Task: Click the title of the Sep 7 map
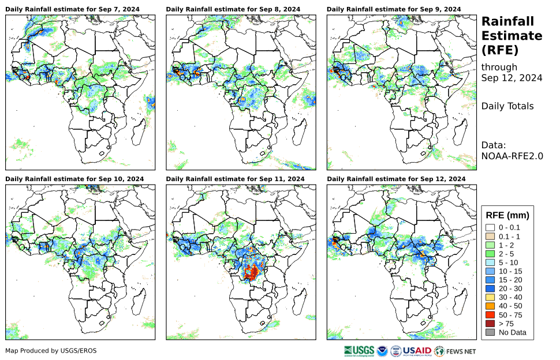click(74, 10)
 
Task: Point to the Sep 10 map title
click(74, 179)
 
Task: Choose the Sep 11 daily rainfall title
click(235, 179)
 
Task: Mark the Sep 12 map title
click(395, 179)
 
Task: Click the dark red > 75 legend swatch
click(490, 324)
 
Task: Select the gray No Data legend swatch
click(490, 332)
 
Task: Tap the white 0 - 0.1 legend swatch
click(490, 228)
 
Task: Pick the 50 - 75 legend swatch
click(490, 315)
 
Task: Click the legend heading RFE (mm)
click(507, 215)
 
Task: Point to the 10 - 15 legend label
click(511, 271)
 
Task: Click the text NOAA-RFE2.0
click(512, 155)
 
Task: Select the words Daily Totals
click(507, 106)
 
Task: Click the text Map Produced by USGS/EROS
click(51, 351)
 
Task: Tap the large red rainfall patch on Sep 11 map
click(252, 269)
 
